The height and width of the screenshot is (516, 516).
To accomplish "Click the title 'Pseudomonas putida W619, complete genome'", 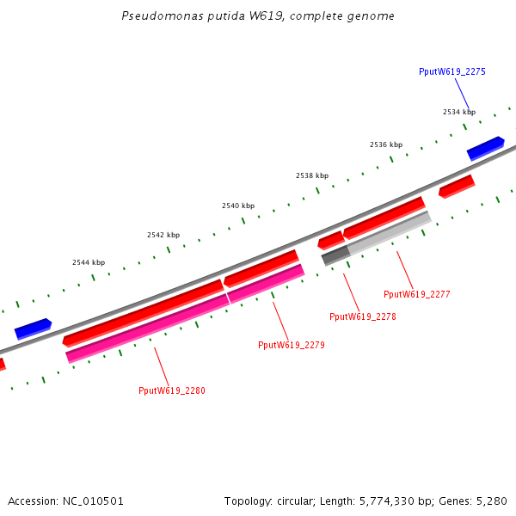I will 259,16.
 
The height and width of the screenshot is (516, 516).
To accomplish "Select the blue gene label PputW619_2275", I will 451,72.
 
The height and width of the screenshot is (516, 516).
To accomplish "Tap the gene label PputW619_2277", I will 416,294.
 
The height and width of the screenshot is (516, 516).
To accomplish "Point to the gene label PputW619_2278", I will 362,316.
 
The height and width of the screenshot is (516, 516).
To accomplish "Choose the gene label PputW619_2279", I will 291,345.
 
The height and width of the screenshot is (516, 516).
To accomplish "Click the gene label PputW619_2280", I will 171,390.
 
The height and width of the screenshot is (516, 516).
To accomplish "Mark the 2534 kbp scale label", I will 458,112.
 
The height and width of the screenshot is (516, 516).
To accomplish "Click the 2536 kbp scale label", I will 386,144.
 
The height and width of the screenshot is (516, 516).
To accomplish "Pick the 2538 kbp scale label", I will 312,175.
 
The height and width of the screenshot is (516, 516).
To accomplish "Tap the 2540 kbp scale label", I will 238,206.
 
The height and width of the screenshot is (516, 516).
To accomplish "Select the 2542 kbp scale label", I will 163,235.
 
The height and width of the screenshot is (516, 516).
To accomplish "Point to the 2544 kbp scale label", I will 89,262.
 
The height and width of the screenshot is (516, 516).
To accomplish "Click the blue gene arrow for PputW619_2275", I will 485,148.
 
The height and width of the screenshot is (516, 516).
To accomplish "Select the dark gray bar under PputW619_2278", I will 335,255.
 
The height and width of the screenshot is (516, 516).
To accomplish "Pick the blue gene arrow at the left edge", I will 33,329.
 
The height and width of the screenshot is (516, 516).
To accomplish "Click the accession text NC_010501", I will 66,501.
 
